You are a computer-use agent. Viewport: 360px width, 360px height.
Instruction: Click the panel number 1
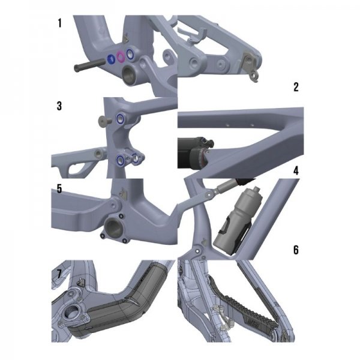coord(59,23)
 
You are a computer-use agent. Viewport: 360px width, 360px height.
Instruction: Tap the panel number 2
coord(296,87)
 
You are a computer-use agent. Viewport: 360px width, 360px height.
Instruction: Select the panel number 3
coord(59,106)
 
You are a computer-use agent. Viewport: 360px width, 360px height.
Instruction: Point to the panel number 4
coord(296,171)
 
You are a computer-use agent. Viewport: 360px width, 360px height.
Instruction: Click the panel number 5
coord(59,189)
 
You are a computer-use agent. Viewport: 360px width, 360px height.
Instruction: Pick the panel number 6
coord(296,250)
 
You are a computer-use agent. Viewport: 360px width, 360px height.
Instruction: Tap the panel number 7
coord(59,274)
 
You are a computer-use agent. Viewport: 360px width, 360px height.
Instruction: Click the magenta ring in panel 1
coord(121,56)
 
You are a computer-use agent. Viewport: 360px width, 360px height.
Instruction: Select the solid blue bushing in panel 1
coord(112,59)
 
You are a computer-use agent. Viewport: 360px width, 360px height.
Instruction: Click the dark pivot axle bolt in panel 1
coord(90,64)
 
